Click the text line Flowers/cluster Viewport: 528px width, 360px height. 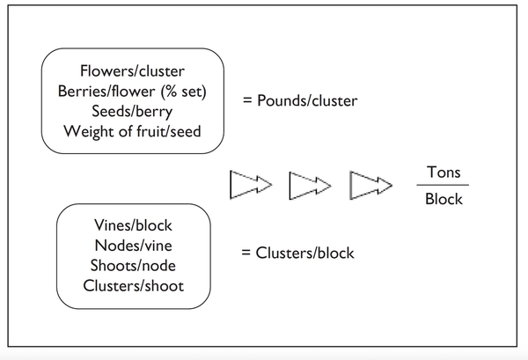[132, 71]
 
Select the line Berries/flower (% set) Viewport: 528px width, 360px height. [132, 92]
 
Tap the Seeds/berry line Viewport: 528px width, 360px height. [132, 112]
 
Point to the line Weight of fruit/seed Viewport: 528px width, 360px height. [132, 132]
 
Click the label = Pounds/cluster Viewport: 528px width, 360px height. [300, 101]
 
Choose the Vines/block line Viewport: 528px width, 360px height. [134, 227]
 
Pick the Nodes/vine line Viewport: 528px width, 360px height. [134, 246]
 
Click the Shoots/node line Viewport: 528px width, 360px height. [134, 266]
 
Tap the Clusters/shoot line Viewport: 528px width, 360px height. [134, 285]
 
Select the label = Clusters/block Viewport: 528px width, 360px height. [297, 253]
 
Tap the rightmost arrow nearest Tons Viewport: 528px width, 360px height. [370, 185]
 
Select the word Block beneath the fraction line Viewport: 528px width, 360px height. [443, 199]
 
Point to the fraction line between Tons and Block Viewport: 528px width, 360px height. [443, 185]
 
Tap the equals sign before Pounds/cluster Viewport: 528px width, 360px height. [247, 101]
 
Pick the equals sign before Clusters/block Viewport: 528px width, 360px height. [246, 253]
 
